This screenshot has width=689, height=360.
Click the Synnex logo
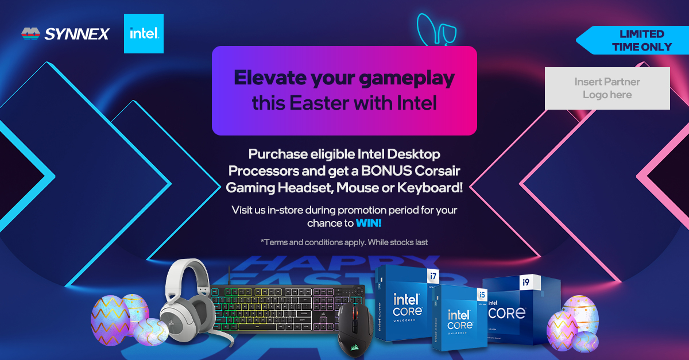click(65, 34)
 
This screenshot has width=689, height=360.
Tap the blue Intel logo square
click(144, 33)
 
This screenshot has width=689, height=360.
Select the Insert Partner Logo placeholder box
click(607, 88)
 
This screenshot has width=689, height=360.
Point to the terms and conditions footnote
click(344, 242)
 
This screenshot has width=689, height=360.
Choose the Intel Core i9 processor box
click(514, 310)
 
